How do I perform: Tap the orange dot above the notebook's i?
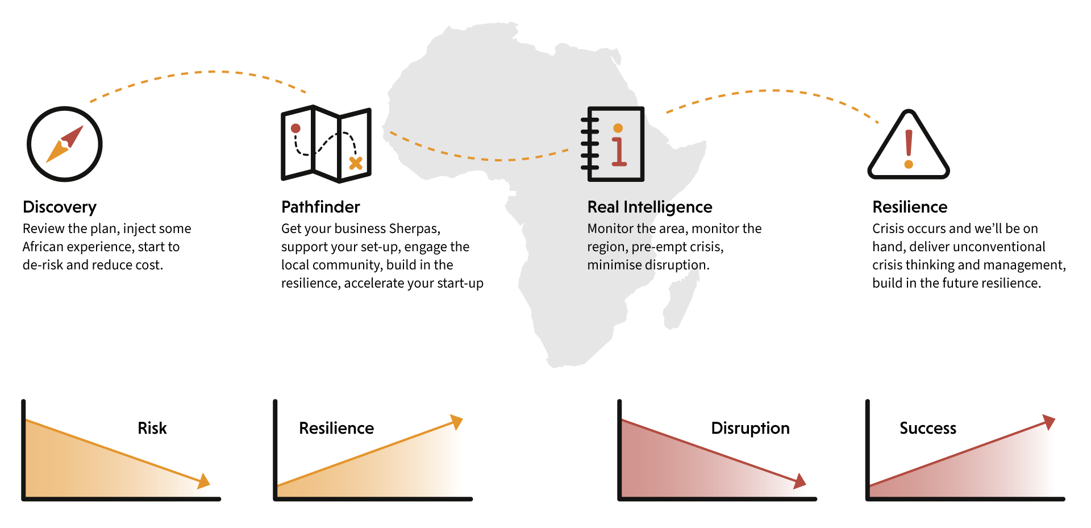click(618, 128)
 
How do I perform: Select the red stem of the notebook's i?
click(619, 151)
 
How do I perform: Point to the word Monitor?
click(610, 228)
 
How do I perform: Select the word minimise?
click(614, 265)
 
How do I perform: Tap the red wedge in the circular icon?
click(76, 138)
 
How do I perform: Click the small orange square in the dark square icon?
click(357, 163)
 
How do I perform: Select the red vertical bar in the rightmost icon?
click(913, 144)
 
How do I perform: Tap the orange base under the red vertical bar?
click(917, 168)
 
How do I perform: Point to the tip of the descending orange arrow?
click(210, 485)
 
